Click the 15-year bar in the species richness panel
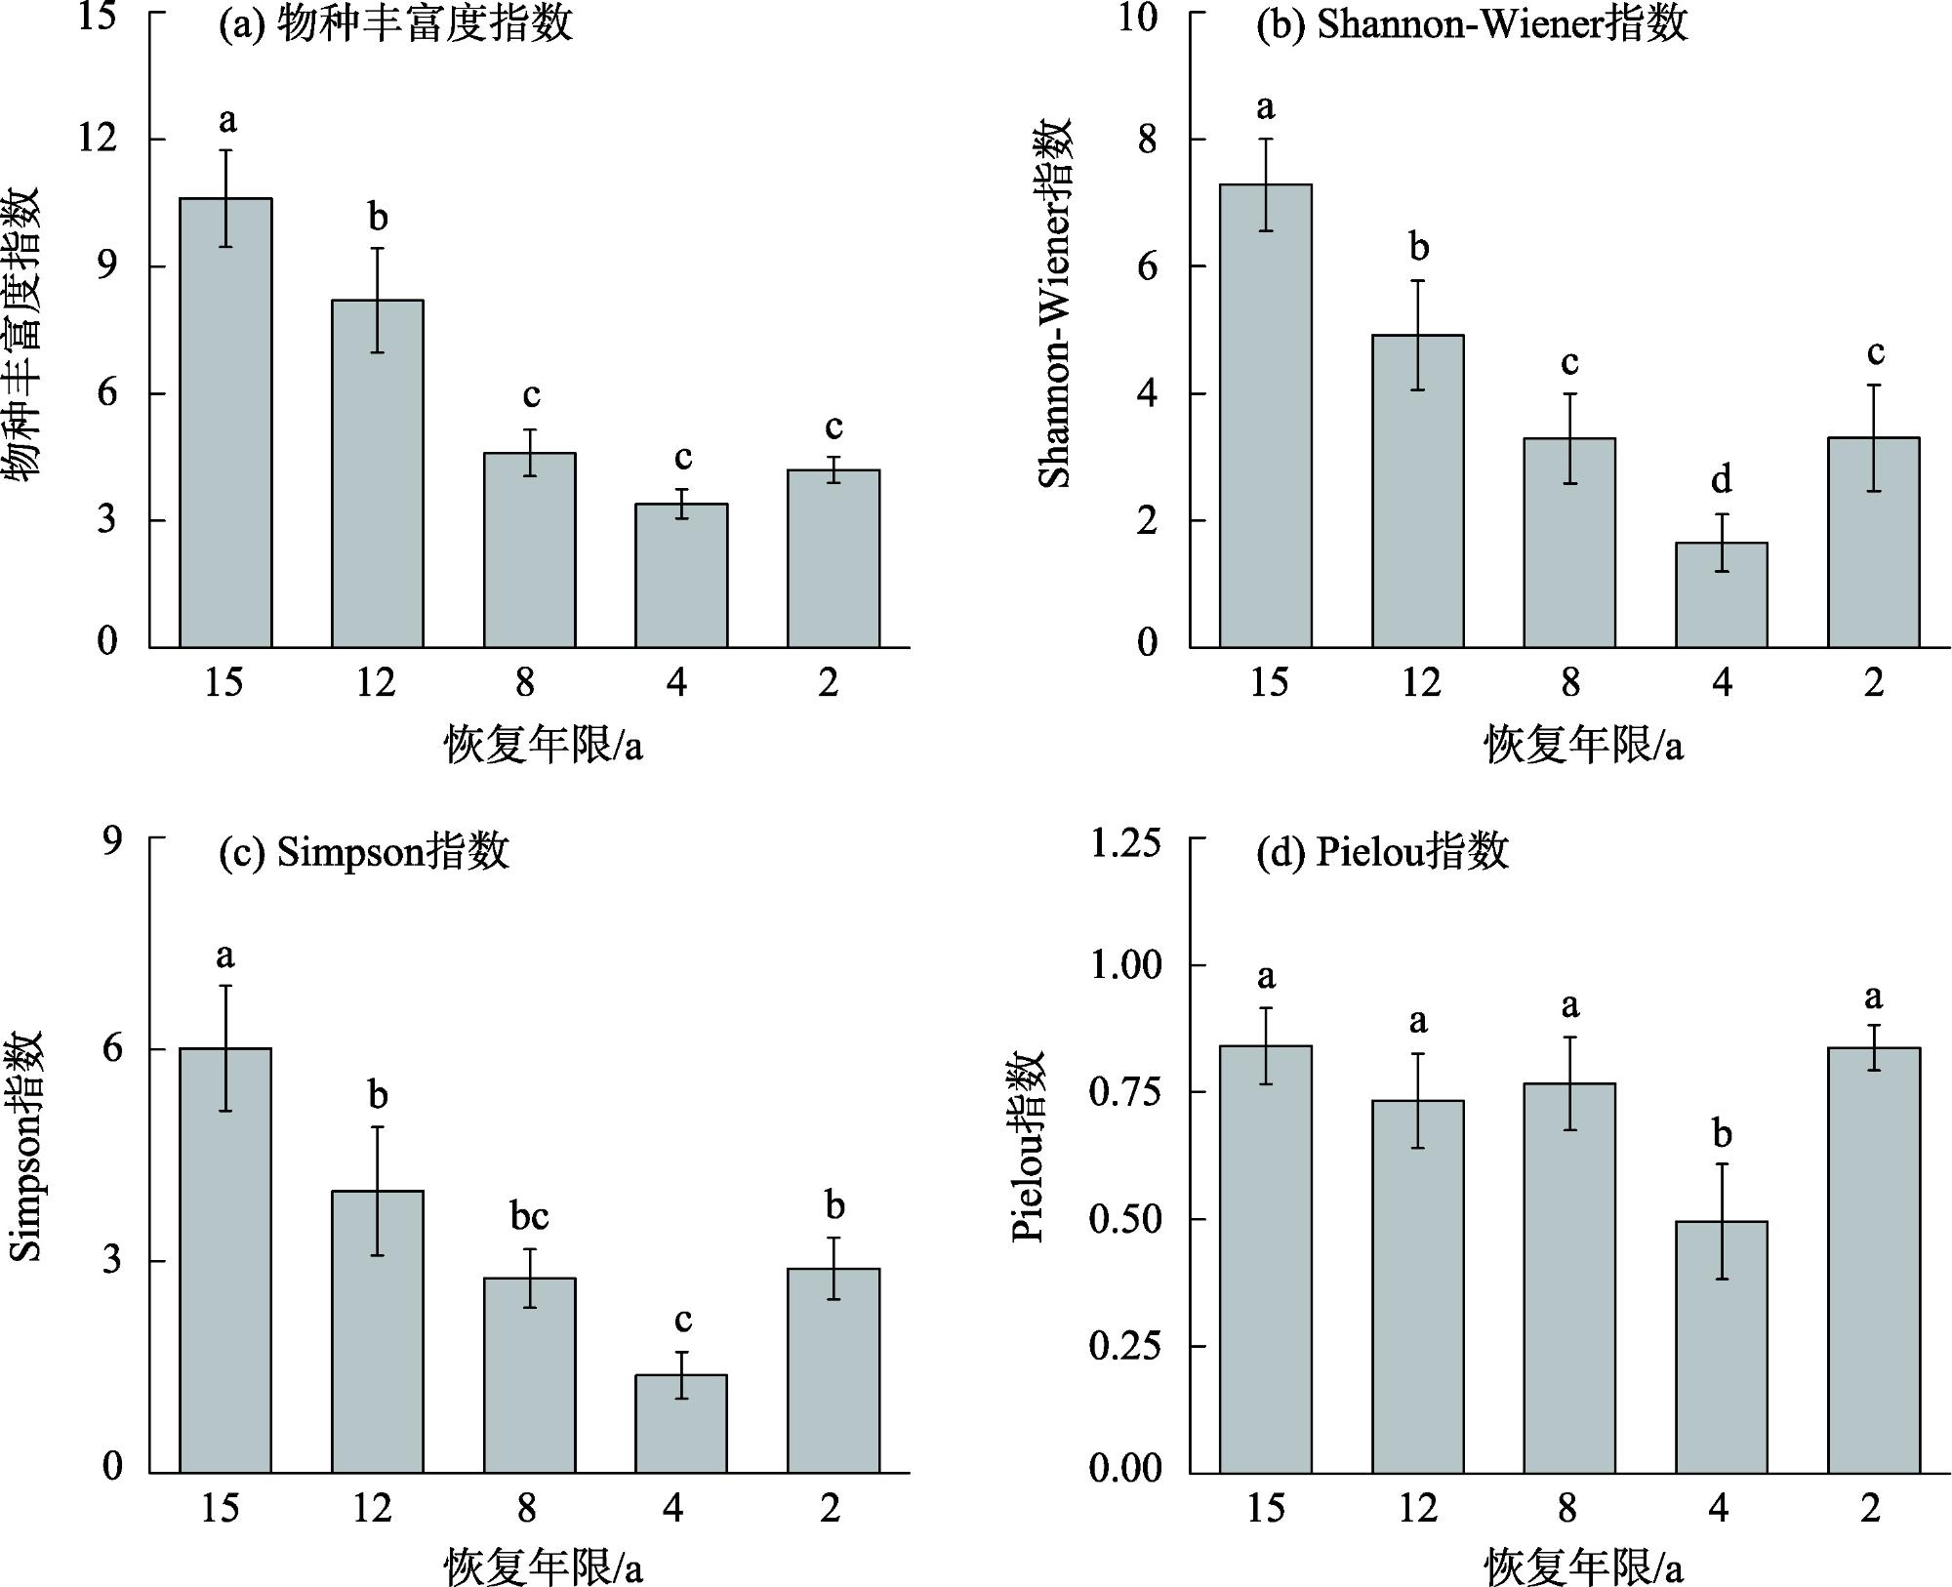pyautogui.click(x=225, y=422)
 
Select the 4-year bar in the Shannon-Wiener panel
pyautogui.click(x=1722, y=594)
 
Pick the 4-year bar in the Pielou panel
pyautogui.click(x=1722, y=1346)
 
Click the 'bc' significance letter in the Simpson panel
pyautogui.click(x=529, y=1216)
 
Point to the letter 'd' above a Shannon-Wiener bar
pyautogui.click(x=1722, y=479)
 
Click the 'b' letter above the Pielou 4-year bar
pyautogui.click(x=1722, y=1134)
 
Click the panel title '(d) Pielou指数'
pyautogui.click(x=1382, y=852)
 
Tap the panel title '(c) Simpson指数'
pyautogui.click(x=364, y=852)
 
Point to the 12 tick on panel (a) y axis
pyautogui.click(x=98, y=139)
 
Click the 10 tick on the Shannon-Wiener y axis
pyautogui.click(x=1138, y=18)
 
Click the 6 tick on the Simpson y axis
pyautogui.click(x=113, y=1049)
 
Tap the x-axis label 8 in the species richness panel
pyautogui.click(x=526, y=682)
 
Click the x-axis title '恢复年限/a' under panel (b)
pyautogui.click(x=1583, y=747)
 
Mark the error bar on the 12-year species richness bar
pyautogui.click(x=377, y=300)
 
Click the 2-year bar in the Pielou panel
pyautogui.click(x=1873, y=1259)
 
